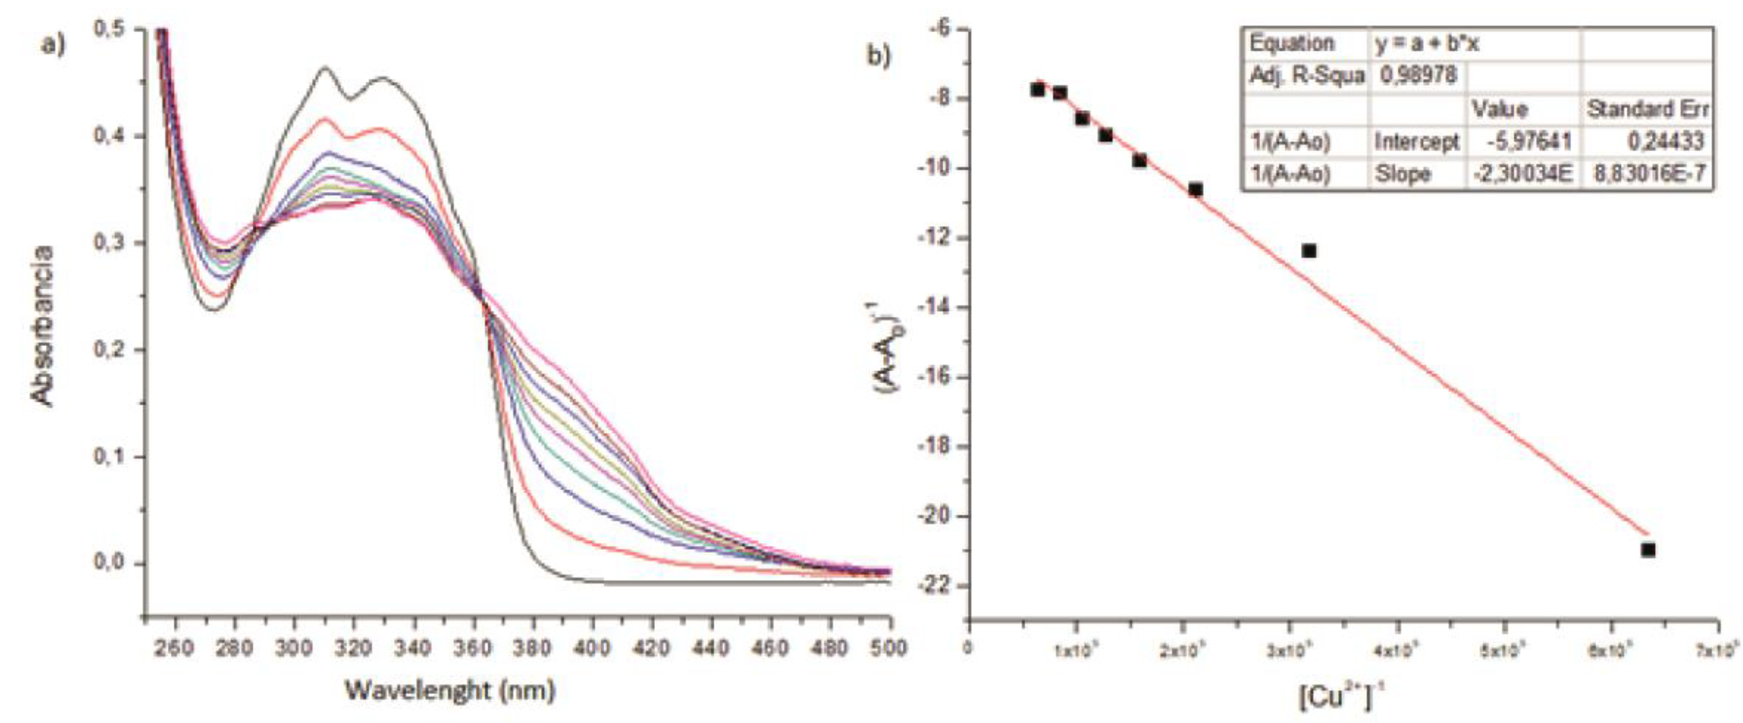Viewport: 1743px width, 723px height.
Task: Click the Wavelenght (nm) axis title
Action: pos(450,691)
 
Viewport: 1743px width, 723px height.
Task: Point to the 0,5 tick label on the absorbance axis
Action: pos(110,29)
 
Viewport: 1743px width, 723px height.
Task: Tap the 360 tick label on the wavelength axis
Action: pos(472,648)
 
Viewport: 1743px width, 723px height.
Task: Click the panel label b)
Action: pos(879,56)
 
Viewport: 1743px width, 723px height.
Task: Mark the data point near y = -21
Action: pos(1648,550)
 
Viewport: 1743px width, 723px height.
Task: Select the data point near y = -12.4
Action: pos(1309,251)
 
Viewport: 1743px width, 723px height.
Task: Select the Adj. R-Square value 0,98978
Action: pos(1418,74)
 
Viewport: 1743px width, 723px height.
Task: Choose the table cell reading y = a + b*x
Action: pos(1426,44)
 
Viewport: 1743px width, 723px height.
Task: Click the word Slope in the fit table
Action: pos(1403,175)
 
